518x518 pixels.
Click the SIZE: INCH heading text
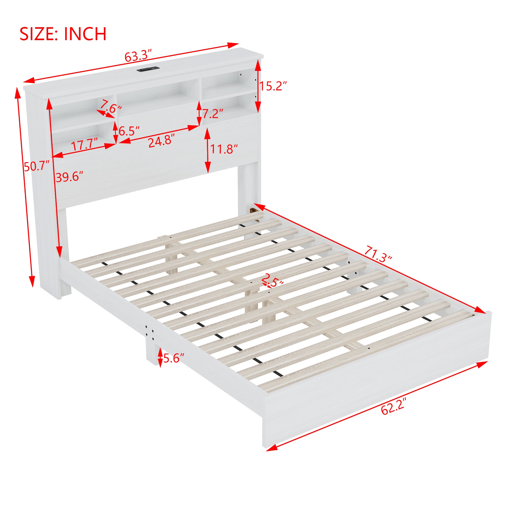(x=63, y=34)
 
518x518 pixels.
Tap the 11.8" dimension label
(x=224, y=149)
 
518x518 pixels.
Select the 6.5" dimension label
(x=129, y=131)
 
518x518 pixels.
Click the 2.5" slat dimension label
(x=272, y=280)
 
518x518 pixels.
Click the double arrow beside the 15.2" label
(x=258, y=86)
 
